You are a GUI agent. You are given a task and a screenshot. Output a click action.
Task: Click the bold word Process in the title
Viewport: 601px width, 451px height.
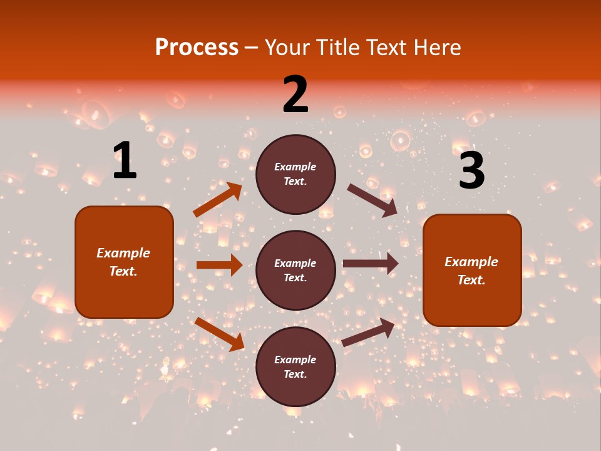point(197,48)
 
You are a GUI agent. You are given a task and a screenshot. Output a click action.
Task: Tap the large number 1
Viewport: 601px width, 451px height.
point(125,160)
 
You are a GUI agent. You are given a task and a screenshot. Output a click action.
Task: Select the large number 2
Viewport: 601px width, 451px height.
point(295,95)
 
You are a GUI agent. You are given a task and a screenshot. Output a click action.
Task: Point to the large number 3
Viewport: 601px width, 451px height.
point(471,171)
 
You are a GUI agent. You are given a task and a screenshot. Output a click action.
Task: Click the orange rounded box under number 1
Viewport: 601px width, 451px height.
point(124,262)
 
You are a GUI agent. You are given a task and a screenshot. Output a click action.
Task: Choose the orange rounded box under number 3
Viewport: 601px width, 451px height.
point(472,271)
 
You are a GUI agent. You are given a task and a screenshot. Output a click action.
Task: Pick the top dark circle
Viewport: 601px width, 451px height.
point(295,174)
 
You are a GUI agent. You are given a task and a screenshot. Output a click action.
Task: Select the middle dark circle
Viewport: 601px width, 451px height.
point(295,271)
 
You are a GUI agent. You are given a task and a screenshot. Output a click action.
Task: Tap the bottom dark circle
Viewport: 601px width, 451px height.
point(295,367)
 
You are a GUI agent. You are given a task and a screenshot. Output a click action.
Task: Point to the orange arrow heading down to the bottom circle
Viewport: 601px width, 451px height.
point(219,334)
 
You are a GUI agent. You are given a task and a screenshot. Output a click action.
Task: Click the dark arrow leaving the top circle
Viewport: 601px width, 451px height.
point(372,200)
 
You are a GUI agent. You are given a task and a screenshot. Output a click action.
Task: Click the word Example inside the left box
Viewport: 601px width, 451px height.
point(123,253)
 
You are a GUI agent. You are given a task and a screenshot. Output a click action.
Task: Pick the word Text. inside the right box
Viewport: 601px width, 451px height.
point(471,280)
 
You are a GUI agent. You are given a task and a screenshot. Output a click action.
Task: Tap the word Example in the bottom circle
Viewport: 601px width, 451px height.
point(295,360)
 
